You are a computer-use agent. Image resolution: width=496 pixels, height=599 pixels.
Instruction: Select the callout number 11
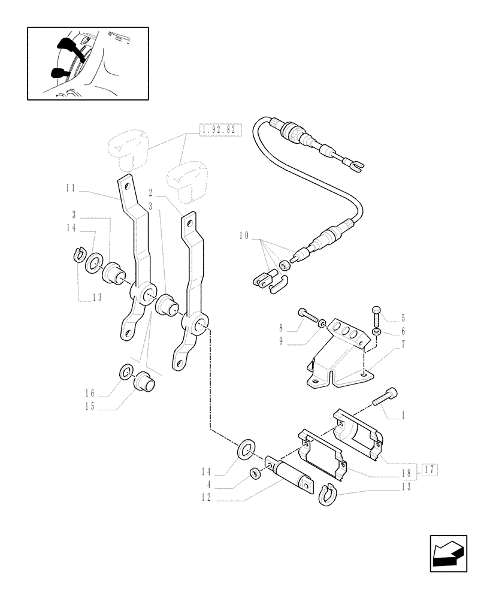[x=71, y=188]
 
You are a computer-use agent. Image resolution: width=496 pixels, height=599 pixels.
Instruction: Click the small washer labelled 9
[x=323, y=323]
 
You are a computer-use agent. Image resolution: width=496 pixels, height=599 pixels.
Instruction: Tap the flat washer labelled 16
[x=127, y=373]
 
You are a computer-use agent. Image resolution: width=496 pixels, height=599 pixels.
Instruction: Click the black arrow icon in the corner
[x=448, y=553]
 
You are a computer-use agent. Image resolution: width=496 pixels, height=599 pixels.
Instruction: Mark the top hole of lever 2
[x=189, y=221]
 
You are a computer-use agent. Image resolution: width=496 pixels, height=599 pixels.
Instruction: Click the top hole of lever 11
[x=124, y=183]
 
